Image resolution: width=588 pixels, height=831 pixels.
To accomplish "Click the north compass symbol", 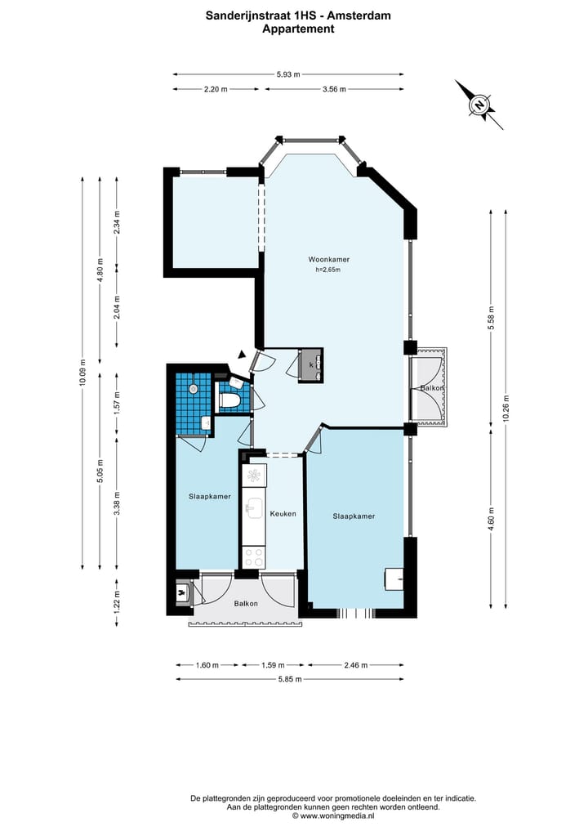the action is (479, 105).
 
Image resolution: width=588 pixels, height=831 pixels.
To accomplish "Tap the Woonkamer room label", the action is (329, 260).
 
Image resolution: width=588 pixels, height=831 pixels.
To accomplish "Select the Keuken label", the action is (283, 513).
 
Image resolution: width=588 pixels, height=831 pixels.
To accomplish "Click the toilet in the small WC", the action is (230, 401).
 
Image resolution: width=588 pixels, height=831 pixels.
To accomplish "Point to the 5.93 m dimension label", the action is (288, 74).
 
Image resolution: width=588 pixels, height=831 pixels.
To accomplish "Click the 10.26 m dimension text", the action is (506, 409).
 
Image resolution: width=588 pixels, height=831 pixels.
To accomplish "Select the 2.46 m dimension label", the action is (355, 664).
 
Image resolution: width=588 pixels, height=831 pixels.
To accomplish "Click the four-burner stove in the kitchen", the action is (252, 557).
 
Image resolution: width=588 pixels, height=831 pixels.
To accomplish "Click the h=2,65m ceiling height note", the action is (328, 270).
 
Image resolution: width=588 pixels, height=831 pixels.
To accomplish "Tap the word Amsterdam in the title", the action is (359, 16).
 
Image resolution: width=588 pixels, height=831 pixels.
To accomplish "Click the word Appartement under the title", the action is (298, 29).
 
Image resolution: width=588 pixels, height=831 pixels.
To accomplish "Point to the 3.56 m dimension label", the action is (334, 89).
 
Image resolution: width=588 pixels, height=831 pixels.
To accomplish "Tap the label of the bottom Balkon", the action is (246, 604).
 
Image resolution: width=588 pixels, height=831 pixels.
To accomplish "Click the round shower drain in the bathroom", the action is (194, 389).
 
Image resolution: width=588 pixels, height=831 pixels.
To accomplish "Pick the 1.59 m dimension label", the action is (273, 664).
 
